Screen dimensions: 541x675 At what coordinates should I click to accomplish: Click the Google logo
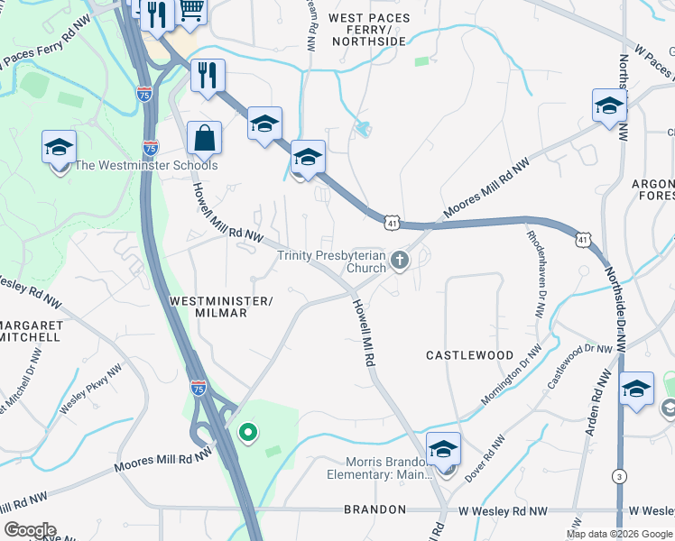tap(30, 530)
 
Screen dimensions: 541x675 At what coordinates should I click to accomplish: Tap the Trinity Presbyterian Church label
tap(331, 261)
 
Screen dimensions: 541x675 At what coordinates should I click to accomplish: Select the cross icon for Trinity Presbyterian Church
tap(400, 261)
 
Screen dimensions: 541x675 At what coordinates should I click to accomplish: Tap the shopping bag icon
tap(205, 139)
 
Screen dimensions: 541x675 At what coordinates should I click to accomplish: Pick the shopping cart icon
tap(190, 9)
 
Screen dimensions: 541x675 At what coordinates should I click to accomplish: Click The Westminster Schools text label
tap(145, 165)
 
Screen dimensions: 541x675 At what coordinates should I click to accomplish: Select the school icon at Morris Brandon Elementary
tap(444, 449)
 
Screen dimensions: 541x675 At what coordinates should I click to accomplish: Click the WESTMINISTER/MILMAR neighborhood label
tap(221, 306)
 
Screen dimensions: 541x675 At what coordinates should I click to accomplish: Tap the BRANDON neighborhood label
tap(374, 509)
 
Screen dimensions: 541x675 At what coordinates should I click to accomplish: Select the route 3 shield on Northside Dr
tap(618, 475)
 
